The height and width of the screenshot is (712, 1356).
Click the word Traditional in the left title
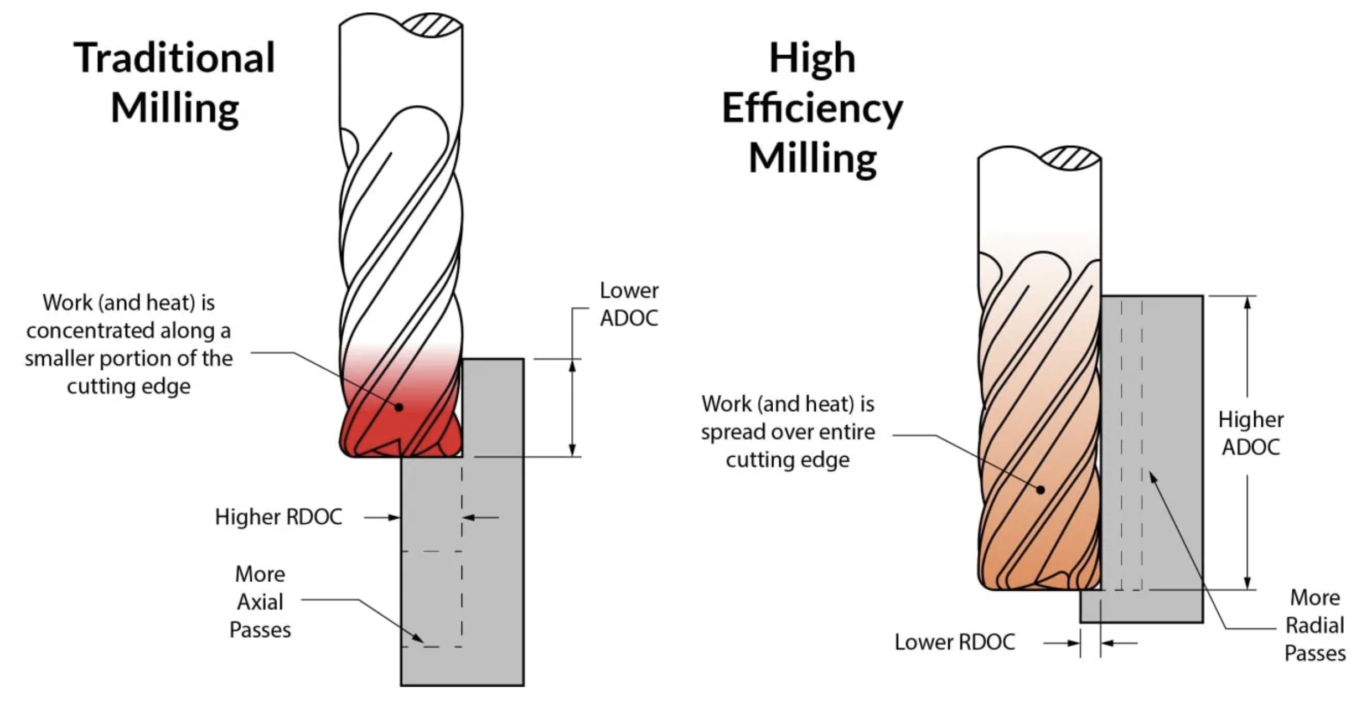(x=174, y=58)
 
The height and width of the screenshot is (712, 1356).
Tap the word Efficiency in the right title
(x=812, y=109)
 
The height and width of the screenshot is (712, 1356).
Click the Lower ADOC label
(x=629, y=304)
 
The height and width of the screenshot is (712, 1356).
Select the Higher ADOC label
(x=1250, y=433)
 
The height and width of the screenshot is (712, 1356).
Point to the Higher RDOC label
(x=278, y=517)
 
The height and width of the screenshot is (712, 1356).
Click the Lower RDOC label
(x=955, y=642)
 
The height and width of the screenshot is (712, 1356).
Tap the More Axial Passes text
(x=260, y=602)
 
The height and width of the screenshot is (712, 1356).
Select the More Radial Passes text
(x=1314, y=626)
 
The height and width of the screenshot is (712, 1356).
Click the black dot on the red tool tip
(x=399, y=407)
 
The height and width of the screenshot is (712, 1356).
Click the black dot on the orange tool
(x=1041, y=489)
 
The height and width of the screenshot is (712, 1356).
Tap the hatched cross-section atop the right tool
(x=1070, y=158)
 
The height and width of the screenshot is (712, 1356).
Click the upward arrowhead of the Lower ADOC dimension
(x=572, y=365)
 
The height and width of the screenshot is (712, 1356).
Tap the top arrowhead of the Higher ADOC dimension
(x=1248, y=302)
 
